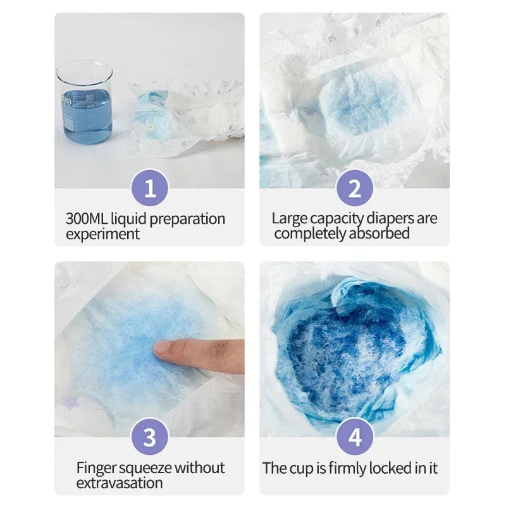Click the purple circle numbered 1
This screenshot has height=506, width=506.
coord(150,188)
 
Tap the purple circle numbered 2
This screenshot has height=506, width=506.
coord(355,188)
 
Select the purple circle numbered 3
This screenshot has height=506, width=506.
coord(150,437)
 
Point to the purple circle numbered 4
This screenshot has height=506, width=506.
coord(355,437)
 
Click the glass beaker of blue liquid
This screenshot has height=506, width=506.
coord(85,102)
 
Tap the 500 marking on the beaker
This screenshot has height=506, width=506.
coord(90,97)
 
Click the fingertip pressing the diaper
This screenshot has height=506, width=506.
coord(163,347)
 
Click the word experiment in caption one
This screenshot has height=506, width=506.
coord(102,234)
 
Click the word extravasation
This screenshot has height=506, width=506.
coord(120,483)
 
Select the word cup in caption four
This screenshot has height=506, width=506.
coord(302,469)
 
